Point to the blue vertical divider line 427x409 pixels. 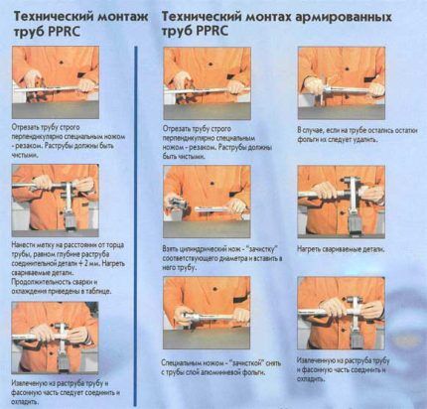point(134,218)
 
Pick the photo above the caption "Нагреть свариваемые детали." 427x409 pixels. point(340,200)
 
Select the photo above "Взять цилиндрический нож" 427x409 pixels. point(206,200)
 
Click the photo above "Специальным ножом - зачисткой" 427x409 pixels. point(206,315)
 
